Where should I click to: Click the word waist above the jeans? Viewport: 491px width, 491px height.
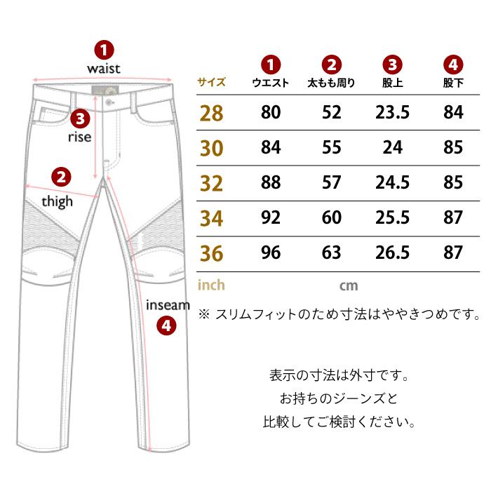(104, 69)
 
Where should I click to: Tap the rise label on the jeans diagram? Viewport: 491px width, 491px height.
(79, 137)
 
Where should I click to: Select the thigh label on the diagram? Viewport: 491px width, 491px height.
(58, 201)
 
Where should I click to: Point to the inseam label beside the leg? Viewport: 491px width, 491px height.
(168, 304)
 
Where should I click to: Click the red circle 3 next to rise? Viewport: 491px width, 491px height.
(80, 119)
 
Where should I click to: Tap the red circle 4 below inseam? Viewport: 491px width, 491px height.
(166, 325)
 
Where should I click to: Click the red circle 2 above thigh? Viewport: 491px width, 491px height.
(61, 177)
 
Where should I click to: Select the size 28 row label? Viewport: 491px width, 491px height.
(211, 113)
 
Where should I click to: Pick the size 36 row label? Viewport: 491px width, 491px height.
(211, 253)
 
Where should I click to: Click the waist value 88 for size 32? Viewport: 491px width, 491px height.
(271, 182)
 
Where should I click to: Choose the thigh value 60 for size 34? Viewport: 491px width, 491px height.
(332, 217)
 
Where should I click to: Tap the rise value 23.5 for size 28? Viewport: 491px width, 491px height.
(392, 112)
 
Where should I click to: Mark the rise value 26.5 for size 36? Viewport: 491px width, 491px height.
(392, 253)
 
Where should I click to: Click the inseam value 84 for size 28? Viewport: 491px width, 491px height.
(453, 112)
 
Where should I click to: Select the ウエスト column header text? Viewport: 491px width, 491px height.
(271, 83)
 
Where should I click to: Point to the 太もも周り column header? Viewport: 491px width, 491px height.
(331, 83)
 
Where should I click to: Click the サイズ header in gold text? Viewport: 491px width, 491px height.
(211, 82)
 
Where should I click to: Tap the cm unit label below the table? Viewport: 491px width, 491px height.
(349, 285)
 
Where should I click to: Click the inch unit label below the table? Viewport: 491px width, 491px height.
(211, 285)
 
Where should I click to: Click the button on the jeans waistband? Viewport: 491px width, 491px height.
(109, 102)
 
